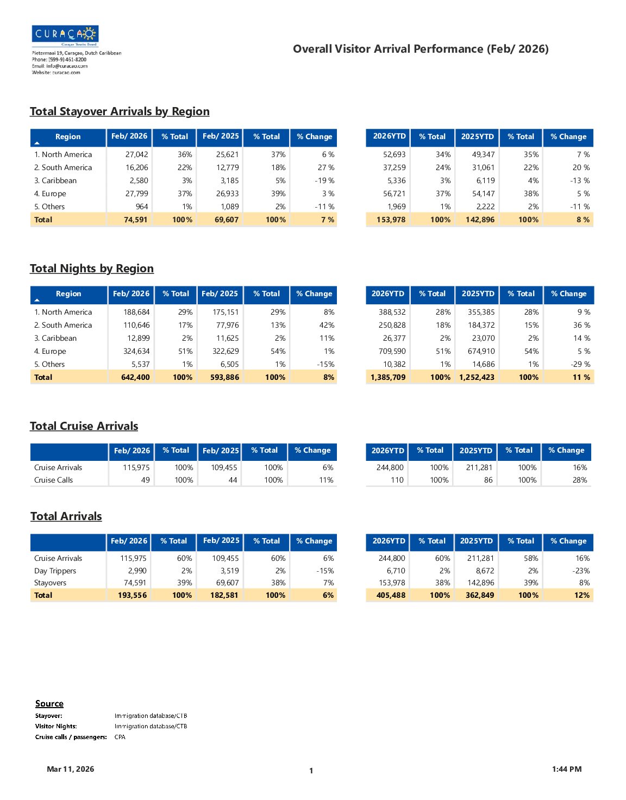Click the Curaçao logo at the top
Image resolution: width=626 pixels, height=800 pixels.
(x=65, y=34)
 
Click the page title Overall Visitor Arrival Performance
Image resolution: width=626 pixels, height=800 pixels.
(x=421, y=49)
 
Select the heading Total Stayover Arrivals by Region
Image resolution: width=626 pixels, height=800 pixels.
(x=120, y=111)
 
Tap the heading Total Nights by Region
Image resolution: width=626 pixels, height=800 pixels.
(x=92, y=268)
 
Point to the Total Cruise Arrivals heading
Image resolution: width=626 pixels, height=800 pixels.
(x=84, y=426)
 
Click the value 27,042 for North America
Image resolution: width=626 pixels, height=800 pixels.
(x=136, y=154)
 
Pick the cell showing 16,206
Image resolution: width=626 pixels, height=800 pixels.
(x=136, y=167)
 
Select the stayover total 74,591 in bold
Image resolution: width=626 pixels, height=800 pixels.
(x=135, y=220)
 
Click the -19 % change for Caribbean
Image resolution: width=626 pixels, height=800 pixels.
(x=324, y=180)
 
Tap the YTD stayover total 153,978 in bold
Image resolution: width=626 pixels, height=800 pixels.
(x=391, y=220)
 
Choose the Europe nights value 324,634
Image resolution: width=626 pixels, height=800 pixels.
(x=136, y=351)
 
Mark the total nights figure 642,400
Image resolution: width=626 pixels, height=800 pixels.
(x=135, y=377)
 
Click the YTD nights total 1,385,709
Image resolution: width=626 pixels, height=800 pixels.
(x=388, y=377)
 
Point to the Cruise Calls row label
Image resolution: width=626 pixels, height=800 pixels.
(x=53, y=480)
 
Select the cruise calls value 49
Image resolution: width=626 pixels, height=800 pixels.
(x=145, y=480)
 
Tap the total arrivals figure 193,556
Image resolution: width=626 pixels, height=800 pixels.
(x=132, y=595)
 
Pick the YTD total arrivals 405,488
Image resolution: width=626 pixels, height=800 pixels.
(x=391, y=595)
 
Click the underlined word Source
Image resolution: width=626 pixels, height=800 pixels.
(x=49, y=704)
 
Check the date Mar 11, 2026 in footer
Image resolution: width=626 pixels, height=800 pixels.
(x=71, y=769)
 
